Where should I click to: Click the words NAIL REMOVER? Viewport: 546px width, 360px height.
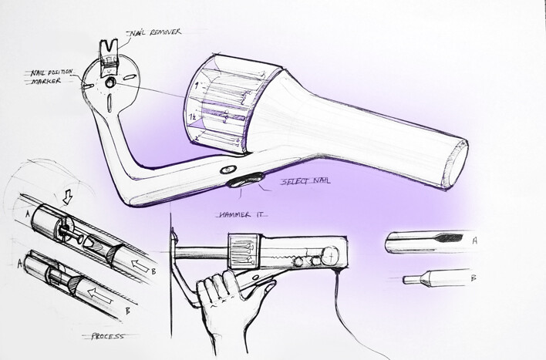tap(155, 32)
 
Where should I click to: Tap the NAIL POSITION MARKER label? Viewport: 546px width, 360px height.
tap(51, 77)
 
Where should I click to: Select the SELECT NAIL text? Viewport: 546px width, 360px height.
tap(305, 181)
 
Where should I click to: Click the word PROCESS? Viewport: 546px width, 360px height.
tap(108, 336)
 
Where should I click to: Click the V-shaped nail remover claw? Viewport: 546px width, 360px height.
tap(108, 49)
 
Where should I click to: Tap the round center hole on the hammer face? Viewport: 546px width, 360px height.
tap(110, 82)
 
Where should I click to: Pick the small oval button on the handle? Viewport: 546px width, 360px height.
tap(228, 170)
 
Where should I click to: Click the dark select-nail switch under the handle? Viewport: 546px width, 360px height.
tap(245, 180)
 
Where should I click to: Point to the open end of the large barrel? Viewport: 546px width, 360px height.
tap(457, 163)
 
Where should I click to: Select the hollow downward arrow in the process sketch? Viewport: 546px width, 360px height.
tap(67, 197)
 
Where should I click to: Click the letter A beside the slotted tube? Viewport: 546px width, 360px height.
tap(474, 241)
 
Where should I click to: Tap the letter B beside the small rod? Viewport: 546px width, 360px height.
tap(474, 278)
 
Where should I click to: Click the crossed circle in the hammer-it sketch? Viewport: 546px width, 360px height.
tap(330, 256)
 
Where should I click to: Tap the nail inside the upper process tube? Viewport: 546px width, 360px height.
tap(72, 236)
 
